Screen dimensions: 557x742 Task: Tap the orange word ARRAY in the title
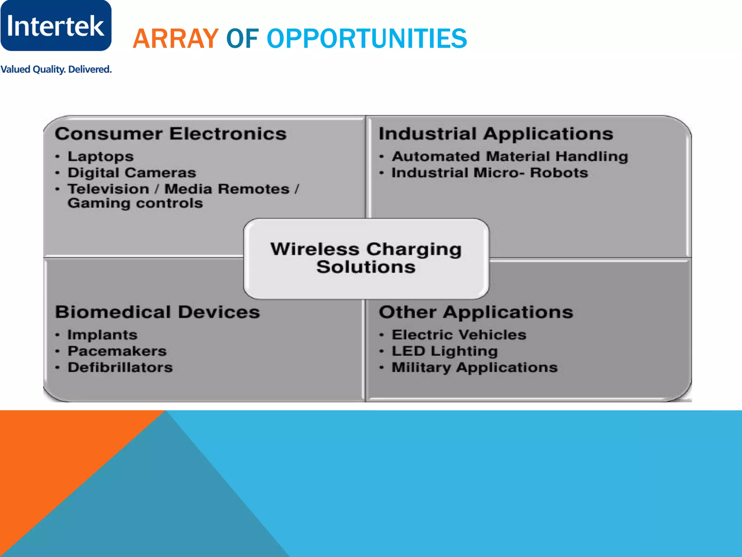tap(175, 38)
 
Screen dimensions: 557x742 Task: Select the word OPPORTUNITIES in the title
tap(367, 38)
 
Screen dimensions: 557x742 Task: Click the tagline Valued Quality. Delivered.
tap(56, 69)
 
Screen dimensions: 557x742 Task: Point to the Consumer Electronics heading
tap(171, 134)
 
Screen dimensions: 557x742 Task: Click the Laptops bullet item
tap(100, 157)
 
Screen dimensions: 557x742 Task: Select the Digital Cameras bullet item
tap(132, 173)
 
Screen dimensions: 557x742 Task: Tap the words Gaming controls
tap(135, 203)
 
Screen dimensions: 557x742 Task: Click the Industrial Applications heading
tap(496, 134)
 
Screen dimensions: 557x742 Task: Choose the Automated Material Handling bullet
tap(509, 157)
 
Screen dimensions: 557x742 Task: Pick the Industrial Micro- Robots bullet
tap(489, 173)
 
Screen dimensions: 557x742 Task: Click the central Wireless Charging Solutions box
tap(366, 258)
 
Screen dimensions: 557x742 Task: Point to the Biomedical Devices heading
tap(157, 312)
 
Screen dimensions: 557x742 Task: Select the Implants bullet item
tap(102, 335)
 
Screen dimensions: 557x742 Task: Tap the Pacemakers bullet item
tap(117, 351)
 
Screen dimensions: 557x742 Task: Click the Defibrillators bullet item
tap(120, 368)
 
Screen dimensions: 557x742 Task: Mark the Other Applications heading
tap(476, 312)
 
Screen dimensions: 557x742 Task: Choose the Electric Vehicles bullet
tap(459, 335)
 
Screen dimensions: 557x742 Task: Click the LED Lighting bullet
tap(445, 351)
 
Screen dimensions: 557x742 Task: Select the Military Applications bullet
tap(474, 368)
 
